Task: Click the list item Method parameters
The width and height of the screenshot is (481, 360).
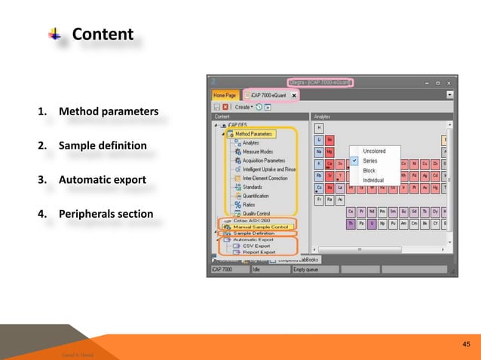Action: pos(109,112)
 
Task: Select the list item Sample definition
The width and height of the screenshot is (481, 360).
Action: pos(103,145)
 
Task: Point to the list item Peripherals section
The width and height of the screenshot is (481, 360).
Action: pos(106,215)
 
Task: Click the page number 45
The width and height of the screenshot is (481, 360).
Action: pos(465,345)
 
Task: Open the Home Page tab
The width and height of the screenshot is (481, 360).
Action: pos(224,96)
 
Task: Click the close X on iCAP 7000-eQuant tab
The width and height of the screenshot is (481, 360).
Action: pos(293,96)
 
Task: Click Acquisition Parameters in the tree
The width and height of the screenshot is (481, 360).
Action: pos(264,160)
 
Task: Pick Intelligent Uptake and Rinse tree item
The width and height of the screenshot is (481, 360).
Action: pos(269,169)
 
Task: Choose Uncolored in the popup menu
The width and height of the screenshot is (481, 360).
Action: pos(374,151)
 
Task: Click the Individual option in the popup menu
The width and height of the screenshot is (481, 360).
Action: pos(373,181)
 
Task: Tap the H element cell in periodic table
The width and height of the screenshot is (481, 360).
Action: pos(320,128)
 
